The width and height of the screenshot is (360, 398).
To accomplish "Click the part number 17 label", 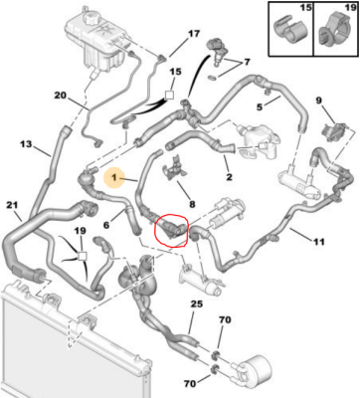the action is pyautogui.click(x=194, y=34).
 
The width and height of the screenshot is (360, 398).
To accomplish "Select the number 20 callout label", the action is pyautogui.click(x=61, y=96).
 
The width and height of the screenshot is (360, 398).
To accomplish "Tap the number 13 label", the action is pyautogui.click(x=26, y=144).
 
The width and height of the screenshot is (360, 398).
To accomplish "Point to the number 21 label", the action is pyautogui.click(x=12, y=205).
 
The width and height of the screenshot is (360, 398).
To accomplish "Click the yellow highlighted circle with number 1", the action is pyautogui.click(x=114, y=178).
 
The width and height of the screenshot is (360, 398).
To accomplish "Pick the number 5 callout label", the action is pyautogui.click(x=260, y=107).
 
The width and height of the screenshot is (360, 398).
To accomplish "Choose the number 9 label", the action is pyautogui.click(x=318, y=100).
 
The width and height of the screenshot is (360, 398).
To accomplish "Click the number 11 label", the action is pyautogui.click(x=319, y=242).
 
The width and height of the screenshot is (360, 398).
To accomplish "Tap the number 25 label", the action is pyautogui.click(x=197, y=303).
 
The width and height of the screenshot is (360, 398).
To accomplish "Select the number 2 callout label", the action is pyautogui.click(x=229, y=177).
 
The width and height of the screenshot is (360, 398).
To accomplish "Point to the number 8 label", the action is pyautogui.click(x=192, y=204).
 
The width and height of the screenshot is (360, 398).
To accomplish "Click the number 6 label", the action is pyautogui.click(x=106, y=225).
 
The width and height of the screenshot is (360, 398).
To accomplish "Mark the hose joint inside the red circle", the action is pyautogui.click(x=172, y=230).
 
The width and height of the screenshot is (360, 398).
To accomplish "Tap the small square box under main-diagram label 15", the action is pyautogui.click(x=169, y=96).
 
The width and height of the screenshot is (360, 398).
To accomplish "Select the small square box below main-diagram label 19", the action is pyautogui.click(x=82, y=256).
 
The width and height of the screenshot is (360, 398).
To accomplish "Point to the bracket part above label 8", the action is pyautogui.click(x=175, y=168).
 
